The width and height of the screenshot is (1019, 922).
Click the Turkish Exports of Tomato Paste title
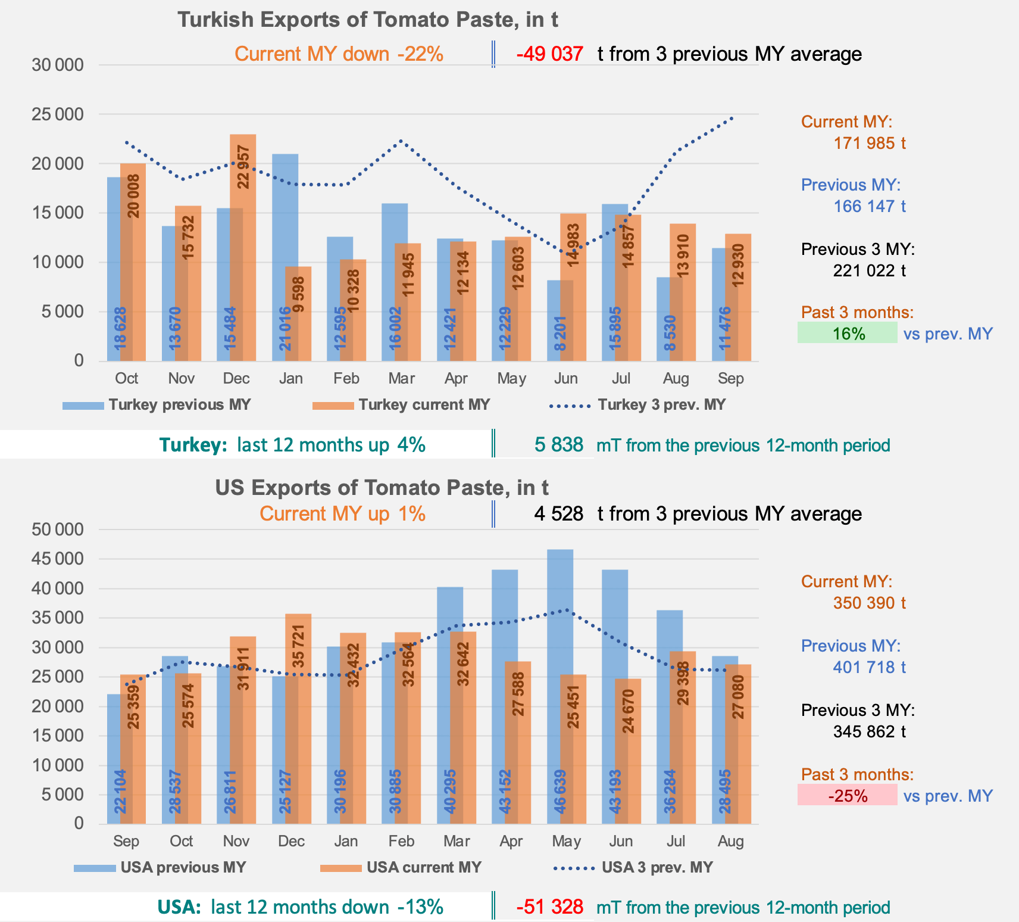point(367,20)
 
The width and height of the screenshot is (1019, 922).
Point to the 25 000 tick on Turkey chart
point(57,114)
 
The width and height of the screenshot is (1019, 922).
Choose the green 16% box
point(847,333)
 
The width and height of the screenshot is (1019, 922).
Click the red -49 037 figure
point(549,54)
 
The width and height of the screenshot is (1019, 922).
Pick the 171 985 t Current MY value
point(869,143)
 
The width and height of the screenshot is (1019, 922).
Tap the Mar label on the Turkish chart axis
point(401,379)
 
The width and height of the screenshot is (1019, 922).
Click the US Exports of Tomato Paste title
point(382,488)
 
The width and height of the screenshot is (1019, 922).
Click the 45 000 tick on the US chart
point(57,559)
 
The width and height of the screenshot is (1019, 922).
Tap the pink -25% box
point(847,795)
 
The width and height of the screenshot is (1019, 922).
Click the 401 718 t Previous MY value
point(869,667)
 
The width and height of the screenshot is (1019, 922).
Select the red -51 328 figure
point(549,907)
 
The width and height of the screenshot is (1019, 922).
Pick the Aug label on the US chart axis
point(730,841)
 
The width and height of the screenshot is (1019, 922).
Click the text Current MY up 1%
point(342,514)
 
